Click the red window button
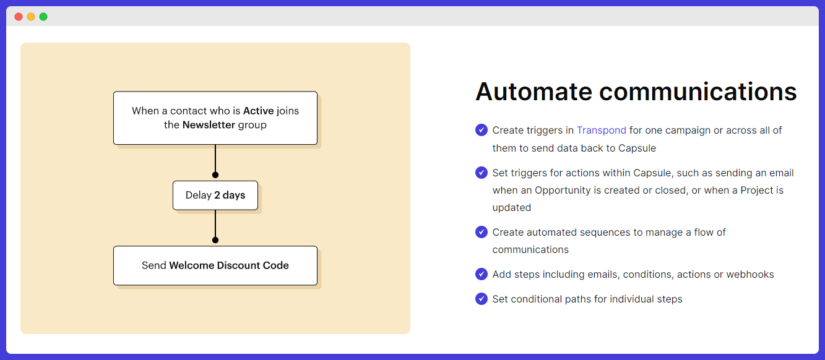pyautogui.click(x=19, y=17)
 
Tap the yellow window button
pyautogui.click(x=31, y=17)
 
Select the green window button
pyautogui.click(x=43, y=17)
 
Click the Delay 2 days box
pyautogui.click(x=215, y=195)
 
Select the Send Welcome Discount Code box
pyautogui.click(x=215, y=265)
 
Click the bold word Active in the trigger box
pyautogui.click(x=258, y=111)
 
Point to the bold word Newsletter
pyautogui.click(x=209, y=125)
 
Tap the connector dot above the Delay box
pyautogui.click(x=215, y=175)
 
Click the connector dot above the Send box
pyautogui.click(x=215, y=240)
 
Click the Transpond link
pyautogui.click(x=601, y=131)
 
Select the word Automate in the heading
pyautogui.click(x=533, y=92)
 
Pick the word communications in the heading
pyautogui.click(x=698, y=92)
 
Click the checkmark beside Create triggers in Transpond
pyautogui.click(x=482, y=130)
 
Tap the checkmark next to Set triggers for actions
pyautogui.click(x=482, y=173)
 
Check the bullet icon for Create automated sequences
pyautogui.click(x=482, y=232)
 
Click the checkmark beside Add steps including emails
pyautogui.click(x=482, y=274)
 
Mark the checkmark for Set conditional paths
pyautogui.click(x=482, y=299)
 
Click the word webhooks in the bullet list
pyautogui.click(x=750, y=274)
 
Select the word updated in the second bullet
pyautogui.click(x=512, y=208)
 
